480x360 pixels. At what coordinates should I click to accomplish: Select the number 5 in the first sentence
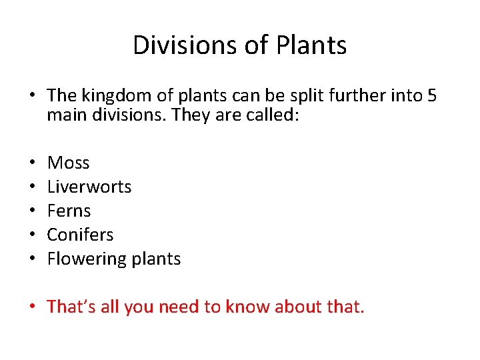[x=432, y=96]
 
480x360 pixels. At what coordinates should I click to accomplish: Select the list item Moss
[x=68, y=163]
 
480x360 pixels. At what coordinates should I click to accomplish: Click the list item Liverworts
[x=89, y=187]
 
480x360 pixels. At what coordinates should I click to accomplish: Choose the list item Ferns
[x=69, y=211]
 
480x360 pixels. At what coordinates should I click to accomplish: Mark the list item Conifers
[x=80, y=235]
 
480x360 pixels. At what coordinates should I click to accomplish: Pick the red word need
[x=181, y=307]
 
